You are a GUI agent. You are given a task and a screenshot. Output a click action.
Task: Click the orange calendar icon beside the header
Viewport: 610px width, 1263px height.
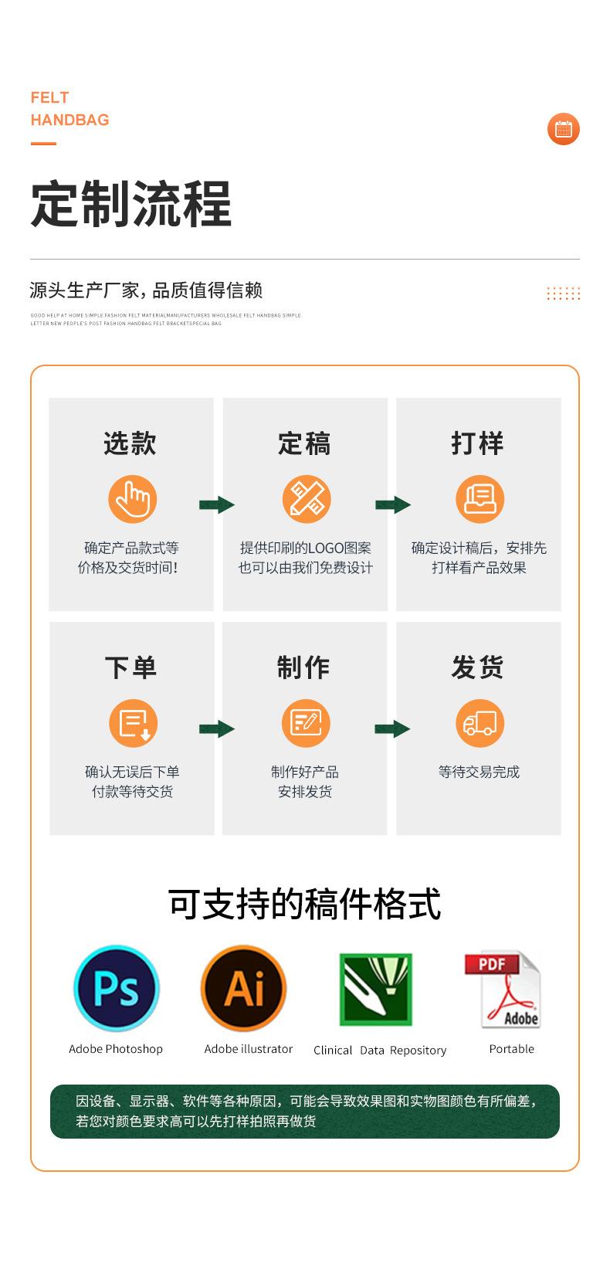563,129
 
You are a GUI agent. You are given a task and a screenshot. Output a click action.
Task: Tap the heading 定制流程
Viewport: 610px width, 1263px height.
131,205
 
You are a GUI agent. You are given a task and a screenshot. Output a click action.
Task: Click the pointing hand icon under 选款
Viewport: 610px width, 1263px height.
132,500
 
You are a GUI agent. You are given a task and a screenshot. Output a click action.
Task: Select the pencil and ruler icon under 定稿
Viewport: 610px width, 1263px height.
306,500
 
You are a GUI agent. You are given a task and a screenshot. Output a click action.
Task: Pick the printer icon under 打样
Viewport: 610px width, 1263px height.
480,500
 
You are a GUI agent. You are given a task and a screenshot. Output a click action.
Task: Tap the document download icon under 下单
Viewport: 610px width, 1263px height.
133,723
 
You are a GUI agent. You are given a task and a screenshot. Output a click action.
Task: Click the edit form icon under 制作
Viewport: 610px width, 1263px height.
306,723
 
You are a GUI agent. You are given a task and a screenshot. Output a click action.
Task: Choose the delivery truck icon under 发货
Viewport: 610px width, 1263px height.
480,723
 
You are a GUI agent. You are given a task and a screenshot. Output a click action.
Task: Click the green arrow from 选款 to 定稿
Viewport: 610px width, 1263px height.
217,505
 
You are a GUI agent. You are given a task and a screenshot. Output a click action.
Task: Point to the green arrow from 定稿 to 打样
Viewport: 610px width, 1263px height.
393,505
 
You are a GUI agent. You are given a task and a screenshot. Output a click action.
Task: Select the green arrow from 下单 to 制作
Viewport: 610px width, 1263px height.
217,728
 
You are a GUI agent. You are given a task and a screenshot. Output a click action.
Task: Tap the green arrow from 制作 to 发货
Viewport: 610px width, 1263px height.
392,728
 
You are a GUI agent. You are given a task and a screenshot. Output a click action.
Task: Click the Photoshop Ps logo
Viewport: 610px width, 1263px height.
116,988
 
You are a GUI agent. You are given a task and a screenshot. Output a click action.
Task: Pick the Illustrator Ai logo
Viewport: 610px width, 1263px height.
244,988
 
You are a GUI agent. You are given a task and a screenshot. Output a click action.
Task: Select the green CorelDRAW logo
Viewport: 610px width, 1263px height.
376,990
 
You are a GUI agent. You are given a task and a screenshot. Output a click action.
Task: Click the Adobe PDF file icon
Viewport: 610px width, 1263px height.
503,990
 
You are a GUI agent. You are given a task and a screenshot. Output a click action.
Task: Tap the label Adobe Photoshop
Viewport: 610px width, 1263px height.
116,1049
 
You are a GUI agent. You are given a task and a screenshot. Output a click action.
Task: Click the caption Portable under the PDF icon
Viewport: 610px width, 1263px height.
511,1049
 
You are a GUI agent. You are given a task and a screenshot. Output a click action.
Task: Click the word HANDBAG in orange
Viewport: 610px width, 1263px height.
70,120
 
